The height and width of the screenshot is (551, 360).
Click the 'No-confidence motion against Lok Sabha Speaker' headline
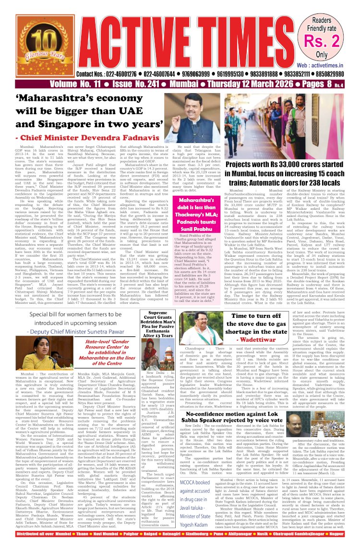[x=259, y=417]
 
